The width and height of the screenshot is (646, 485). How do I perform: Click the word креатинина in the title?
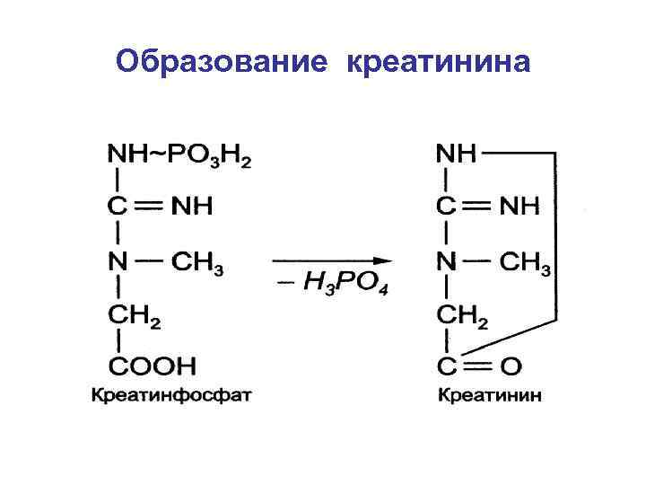coord(438,62)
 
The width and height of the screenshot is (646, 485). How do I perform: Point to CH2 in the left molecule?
coord(135,314)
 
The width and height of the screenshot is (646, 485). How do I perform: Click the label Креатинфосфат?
coord(170,395)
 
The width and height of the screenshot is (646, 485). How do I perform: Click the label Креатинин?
coord(490,395)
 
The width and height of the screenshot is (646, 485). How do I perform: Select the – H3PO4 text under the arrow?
coord(331,287)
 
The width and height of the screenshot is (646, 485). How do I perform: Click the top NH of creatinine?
coord(455,154)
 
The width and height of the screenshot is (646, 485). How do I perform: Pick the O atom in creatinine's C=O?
coord(511,366)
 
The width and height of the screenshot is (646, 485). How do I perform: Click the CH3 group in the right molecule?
coord(525,263)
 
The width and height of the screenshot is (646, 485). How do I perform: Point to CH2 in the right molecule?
coord(463,314)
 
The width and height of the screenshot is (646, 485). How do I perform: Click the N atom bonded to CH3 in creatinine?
coord(446,263)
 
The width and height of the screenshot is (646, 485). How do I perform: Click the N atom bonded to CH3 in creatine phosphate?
coord(118,263)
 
